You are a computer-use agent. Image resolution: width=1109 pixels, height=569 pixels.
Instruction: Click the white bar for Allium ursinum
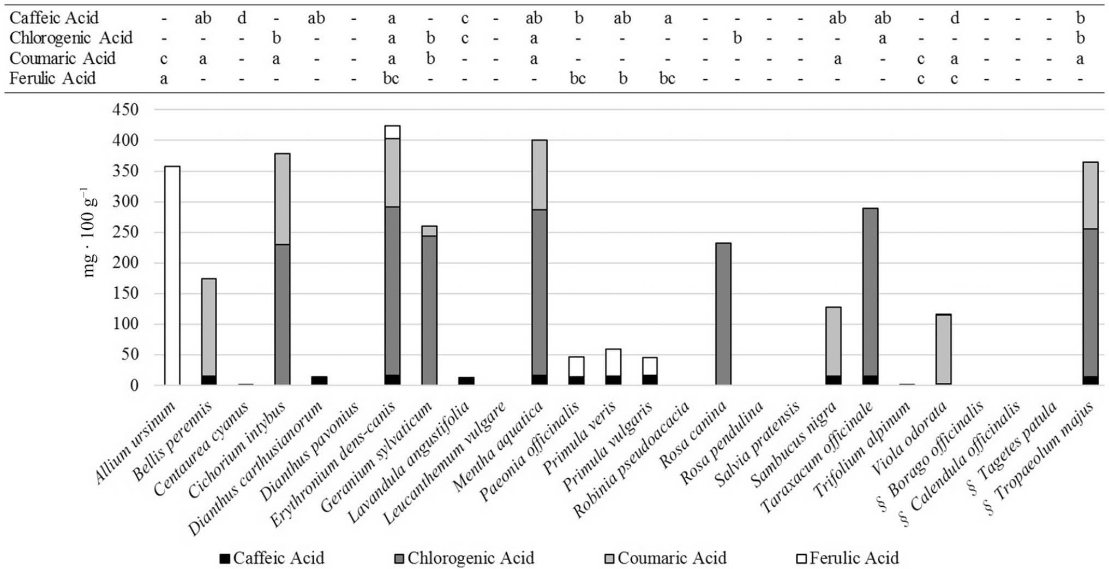pos(172,276)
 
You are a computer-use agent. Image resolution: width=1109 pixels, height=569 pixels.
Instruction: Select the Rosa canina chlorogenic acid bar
pos(723,314)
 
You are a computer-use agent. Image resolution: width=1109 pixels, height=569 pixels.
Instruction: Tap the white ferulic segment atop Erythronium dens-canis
pos(392,132)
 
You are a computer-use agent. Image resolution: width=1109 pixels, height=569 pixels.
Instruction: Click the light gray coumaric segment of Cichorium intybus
pos(282,199)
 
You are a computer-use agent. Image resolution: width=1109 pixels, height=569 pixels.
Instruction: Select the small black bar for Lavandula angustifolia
pos(466,381)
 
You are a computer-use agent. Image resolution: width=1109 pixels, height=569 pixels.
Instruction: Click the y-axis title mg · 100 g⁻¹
pos(88,232)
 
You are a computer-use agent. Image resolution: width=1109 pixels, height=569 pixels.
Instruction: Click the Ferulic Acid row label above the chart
pos(52,79)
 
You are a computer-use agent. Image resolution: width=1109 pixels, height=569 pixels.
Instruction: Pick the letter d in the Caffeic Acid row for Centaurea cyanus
pos(242,18)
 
